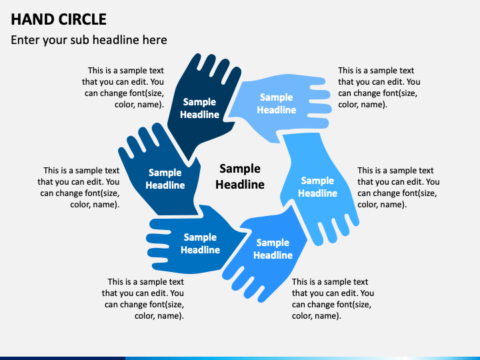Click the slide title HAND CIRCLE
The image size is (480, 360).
pyautogui.click(x=59, y=19)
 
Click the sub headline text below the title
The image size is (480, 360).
pyautogui.click(x=89, y=40)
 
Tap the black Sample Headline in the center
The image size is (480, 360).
pyautogui.click(x=240, y=177)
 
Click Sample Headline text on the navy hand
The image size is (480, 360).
pyautogui.click(x=199, y=108)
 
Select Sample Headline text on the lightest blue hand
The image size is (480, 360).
pyautogui.click(x=277, y=103)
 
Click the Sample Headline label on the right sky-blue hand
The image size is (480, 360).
pyautogui.click(x=317, y=187)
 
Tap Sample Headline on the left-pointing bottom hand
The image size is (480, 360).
pyautogui.click(x=200, y=243)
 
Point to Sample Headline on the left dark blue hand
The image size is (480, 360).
pyautogui.click(x=165, y=179)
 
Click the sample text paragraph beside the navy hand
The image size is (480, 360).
pyautogui.click(x=123, y=87)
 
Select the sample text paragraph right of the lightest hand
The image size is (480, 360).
pyautogui.click(x=379, y=87)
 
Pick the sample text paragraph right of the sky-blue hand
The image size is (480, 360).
pyautogui.click(x=398, y=187)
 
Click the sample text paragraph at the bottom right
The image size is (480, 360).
pyautogui.click(x=333, y=299)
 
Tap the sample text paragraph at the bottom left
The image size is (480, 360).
pyautogui.click(x=143, y=299)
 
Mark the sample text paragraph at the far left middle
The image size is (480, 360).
pyautogui.click(x=79, y=187)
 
